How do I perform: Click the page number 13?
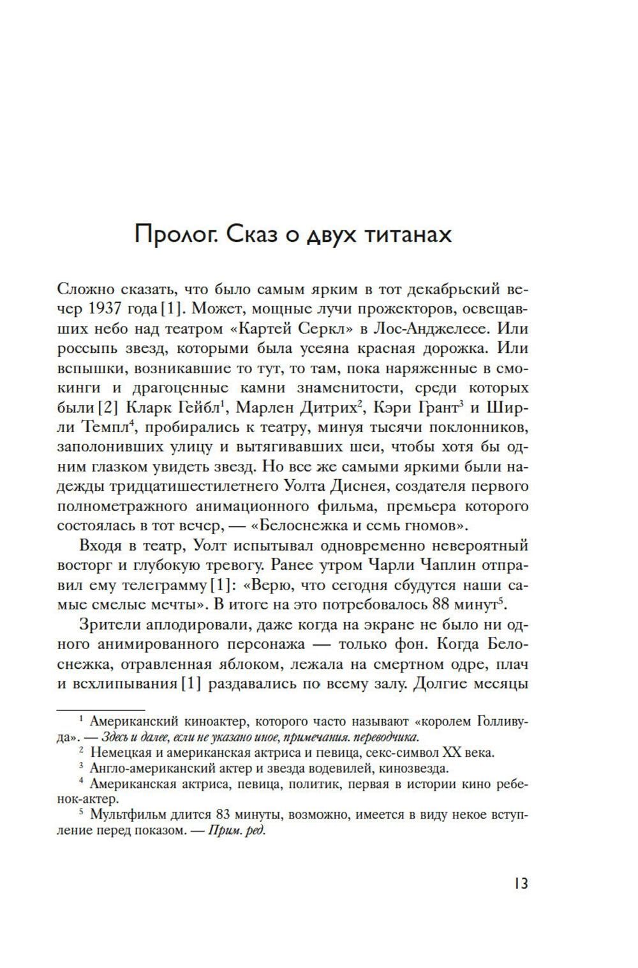click(520, 884)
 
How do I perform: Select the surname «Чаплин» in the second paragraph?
click(450, 565)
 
